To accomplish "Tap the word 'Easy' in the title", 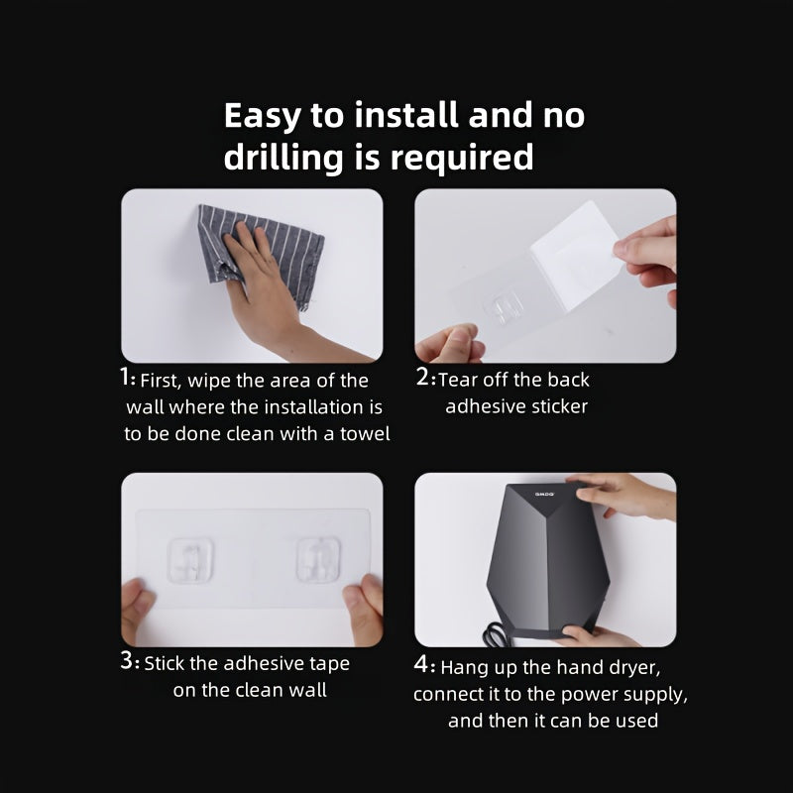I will pos(262,116).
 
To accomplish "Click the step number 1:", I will pos(128,378).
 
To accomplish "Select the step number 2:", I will pos(424,378).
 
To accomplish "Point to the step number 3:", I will pos(130,661).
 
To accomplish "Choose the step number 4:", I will pos(424,665).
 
